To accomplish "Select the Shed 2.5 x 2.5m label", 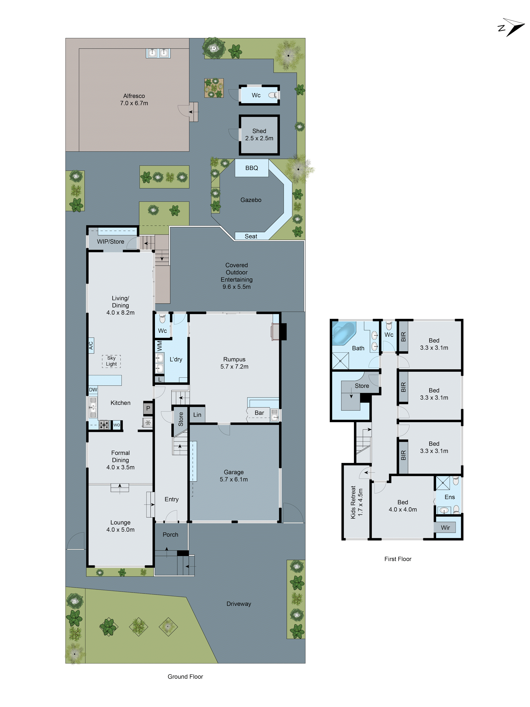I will tap(259, 135).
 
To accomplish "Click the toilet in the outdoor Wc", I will tap(272, 95).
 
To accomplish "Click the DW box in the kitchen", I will tap(93, 390).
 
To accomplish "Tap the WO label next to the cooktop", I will tap(117, 425).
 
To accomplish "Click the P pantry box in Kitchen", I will tap(148, 408).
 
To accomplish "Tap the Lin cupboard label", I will tap(197, 415).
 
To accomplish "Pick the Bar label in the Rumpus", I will tap(259, 413).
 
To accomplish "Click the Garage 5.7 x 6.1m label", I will tap(234, 476).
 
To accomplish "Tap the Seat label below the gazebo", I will tap(251, 236).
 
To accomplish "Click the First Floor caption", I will tap(397, 559).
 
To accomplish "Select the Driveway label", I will tap(239, 603).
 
